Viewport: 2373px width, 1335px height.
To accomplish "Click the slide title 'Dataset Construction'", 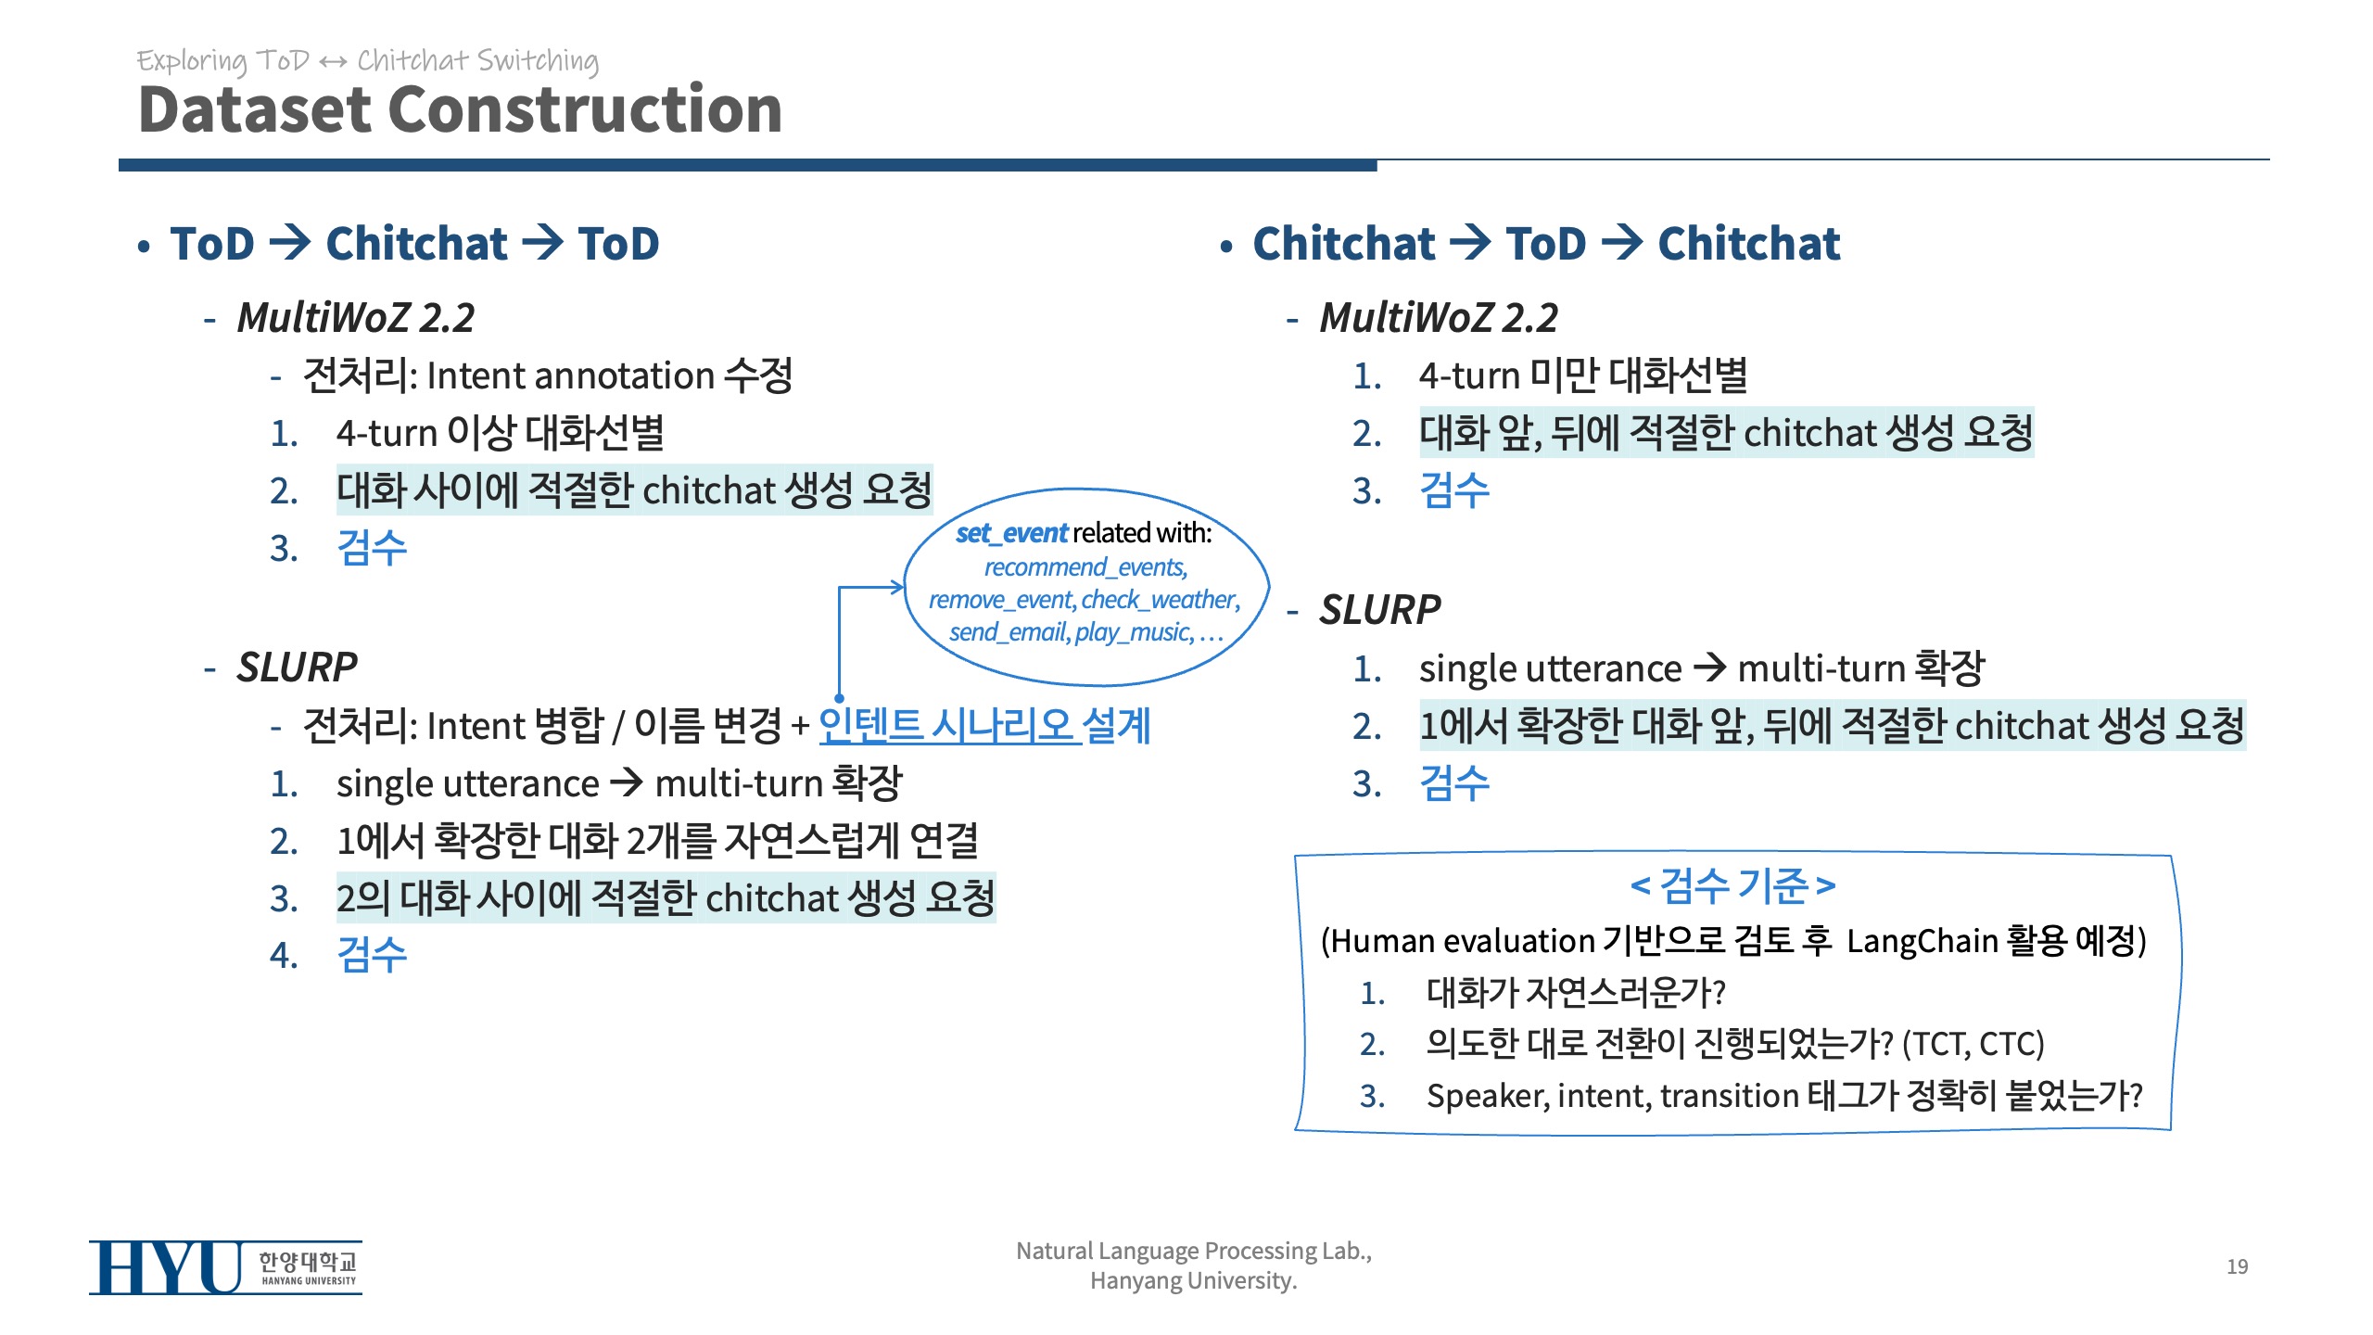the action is tap(460, 109).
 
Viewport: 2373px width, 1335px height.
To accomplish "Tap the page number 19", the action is tap(2237, 1266).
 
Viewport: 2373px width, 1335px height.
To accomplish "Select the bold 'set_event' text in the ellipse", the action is tap(1011, 533).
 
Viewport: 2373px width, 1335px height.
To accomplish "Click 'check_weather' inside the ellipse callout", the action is tap(1160, 600).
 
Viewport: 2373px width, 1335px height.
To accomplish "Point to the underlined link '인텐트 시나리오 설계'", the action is tap(984, 725).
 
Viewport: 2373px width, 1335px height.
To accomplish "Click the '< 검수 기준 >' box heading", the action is tap(1732, 885).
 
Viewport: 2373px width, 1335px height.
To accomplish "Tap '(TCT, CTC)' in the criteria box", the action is tap(1973, 1044).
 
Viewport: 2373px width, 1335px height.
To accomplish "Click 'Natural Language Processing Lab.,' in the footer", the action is tap(1194, 1251).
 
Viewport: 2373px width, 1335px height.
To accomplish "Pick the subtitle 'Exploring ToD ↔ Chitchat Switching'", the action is tap(368, 61).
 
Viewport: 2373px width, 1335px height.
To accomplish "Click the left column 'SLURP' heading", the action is tap(297, 667).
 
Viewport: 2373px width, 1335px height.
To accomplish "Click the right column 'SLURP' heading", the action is tap(1379, 610).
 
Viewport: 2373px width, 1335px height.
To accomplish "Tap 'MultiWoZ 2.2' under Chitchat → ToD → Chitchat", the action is tap(1439, 318).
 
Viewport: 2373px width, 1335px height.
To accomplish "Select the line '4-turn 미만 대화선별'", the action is tap(1583, 375).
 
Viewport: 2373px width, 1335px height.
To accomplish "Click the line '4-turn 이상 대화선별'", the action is tap(501, 433).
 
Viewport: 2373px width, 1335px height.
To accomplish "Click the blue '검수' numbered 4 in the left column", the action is tap(372, 955).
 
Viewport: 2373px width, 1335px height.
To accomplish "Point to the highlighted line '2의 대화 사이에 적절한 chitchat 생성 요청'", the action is tap(666, 897).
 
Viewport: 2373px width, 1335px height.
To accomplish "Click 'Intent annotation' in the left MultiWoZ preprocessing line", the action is tap(570, 376).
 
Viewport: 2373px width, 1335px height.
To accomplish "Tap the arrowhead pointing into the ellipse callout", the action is tap(897, 586).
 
